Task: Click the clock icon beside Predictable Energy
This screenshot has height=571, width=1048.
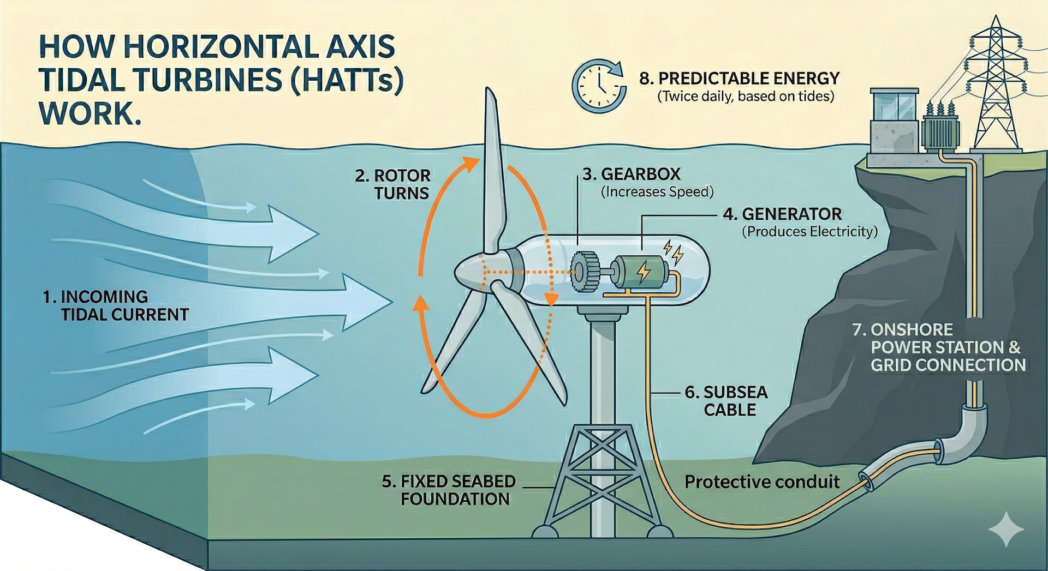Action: coord(598,86)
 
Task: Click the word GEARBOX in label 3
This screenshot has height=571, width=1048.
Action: coord(641,175)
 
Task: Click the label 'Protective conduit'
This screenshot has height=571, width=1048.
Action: coord(761,482)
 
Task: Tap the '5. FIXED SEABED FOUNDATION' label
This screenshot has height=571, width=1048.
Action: coord(449,490)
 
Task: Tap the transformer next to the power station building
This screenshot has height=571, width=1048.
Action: coord(940,129)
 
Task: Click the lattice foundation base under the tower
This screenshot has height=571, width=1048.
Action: coord(601,480)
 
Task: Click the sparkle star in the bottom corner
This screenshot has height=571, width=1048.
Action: coord(1006,528)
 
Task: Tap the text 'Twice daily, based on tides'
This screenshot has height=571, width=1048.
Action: coord(746,97)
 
